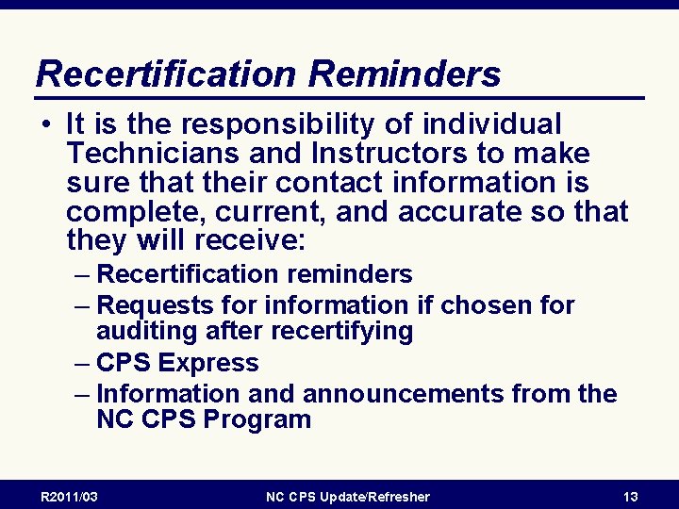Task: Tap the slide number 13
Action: [631, 497]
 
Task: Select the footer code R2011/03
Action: [69, 497]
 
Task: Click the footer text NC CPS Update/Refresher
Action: [347, 497]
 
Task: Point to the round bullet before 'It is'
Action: [46, 124]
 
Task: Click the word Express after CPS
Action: [208, 363]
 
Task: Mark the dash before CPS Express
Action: [82, 363]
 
